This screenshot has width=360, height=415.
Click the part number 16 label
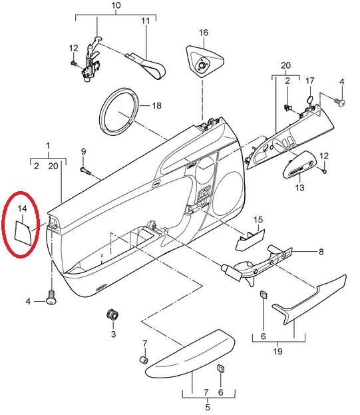point(204,33)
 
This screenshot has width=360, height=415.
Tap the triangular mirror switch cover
point(204,61)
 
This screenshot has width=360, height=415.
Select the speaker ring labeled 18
point(119,111)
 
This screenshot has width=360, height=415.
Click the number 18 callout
point(156,106)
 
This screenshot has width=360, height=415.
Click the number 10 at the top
point(116,5)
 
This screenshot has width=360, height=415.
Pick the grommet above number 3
point(112,314)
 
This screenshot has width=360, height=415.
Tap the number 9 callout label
point(84,152)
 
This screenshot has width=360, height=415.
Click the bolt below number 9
point(85,171)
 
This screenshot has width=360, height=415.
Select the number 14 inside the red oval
point(23,208)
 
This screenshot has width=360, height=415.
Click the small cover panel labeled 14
point(22,233)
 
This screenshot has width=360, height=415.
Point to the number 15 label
point(258,220)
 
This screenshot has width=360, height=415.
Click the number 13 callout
point(299,188)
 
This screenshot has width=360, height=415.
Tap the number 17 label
point(310,81)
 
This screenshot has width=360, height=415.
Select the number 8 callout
point(321,252)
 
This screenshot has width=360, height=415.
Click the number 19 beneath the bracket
point(277,351)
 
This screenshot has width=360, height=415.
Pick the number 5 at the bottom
point(208,407)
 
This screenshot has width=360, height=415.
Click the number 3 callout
point(113,334)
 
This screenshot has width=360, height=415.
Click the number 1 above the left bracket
point(48,146)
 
